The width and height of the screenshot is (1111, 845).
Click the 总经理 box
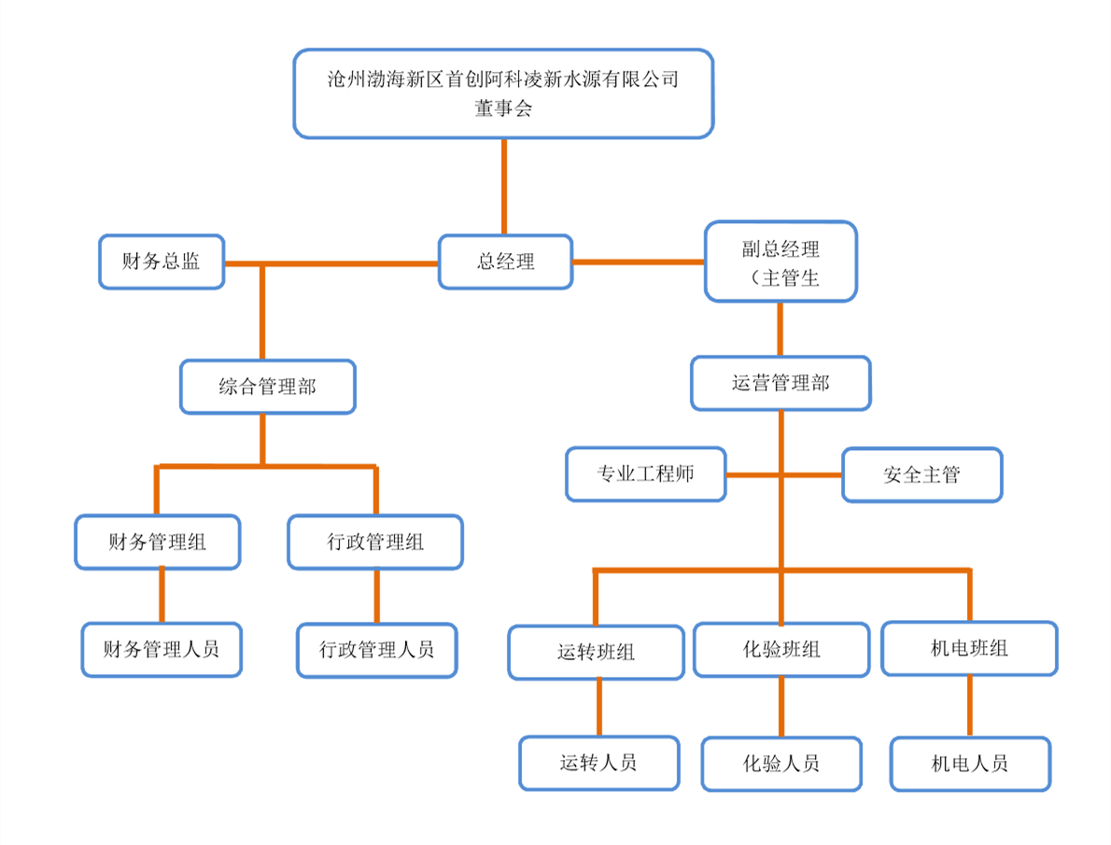(x=505, y=261)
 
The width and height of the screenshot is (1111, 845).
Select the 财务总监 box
(x=162, y=261)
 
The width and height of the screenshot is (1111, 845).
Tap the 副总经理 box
(x=781, y=261)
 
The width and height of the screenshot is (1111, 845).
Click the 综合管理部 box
(x=268, y=387)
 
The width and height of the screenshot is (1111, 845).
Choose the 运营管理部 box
(x=781, y=384)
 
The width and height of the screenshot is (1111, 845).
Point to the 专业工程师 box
(x=645, y=474)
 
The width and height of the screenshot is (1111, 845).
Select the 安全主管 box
(x=921, y=475)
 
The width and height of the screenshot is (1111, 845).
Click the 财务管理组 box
(x=157, y=542)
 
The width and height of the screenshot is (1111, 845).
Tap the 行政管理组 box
(x=375, y=542)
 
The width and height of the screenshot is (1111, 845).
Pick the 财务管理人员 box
(x=162, y=650)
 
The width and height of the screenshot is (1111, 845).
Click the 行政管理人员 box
(x=377, y=650)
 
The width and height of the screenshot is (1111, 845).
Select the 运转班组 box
(x=596, y=652)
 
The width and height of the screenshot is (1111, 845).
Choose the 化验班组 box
(x=781, y=649)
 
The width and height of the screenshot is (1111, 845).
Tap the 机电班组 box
(x=969, y=649)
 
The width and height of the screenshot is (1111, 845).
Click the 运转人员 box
(x=598, y=763)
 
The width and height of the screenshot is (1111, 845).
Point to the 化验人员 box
(x=781, y=764)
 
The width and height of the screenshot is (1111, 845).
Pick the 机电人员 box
(x=970, y=764)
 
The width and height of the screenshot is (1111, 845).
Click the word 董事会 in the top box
(x=503, y=108)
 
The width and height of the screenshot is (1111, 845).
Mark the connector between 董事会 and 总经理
(x=504, y=187)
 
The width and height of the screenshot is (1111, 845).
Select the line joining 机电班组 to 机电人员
(x=969, y=706)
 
